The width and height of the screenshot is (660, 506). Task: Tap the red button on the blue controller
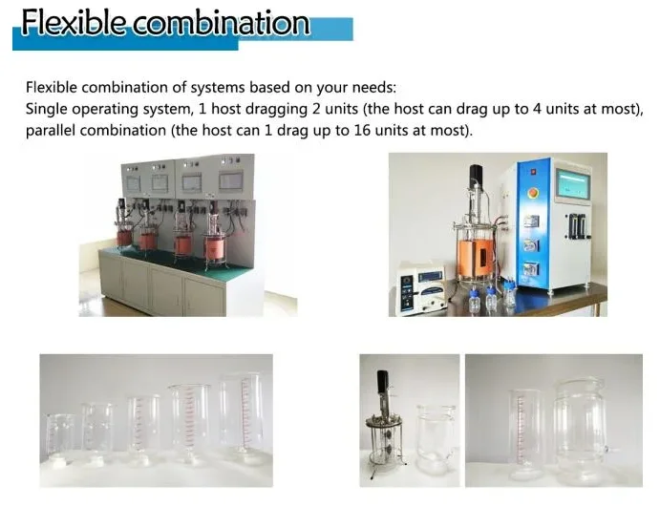(x=533, y=194)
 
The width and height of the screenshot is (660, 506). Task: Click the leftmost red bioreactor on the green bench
(x=124, y=237)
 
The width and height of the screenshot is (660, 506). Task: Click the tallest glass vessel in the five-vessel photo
(x=240, y=414)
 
